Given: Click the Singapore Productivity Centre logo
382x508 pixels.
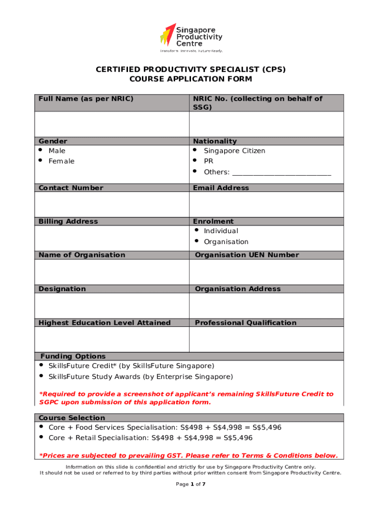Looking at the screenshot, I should (x=191, y=37).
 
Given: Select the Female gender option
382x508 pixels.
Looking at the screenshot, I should (x=61, y=161).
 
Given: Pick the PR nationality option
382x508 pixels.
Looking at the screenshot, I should (x=208, y=161).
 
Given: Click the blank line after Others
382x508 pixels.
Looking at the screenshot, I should (x=281, y=173).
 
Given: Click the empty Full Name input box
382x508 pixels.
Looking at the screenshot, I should (x=112, y=124).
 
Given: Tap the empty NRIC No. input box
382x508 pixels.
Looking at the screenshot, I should (x=266, y=124).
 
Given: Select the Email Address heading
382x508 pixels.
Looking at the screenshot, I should (x=221, y=188).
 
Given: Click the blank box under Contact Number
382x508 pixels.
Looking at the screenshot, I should (x=112, y=204).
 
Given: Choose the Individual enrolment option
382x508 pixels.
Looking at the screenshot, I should (x=221, y=231).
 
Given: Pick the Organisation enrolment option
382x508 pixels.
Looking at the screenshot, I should (x=226, y=242).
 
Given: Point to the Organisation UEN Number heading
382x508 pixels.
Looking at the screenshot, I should (x=247, y=255).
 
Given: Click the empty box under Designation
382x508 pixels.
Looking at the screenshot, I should (x=112, y=306).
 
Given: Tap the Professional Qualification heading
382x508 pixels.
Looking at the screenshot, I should (x=246, y=323).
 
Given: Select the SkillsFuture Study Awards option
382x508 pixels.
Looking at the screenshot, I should (x=140, y=377).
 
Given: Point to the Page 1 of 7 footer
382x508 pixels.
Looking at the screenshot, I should (x=191, y=484).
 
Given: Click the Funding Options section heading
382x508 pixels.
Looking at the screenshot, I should (x=73, y=356).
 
